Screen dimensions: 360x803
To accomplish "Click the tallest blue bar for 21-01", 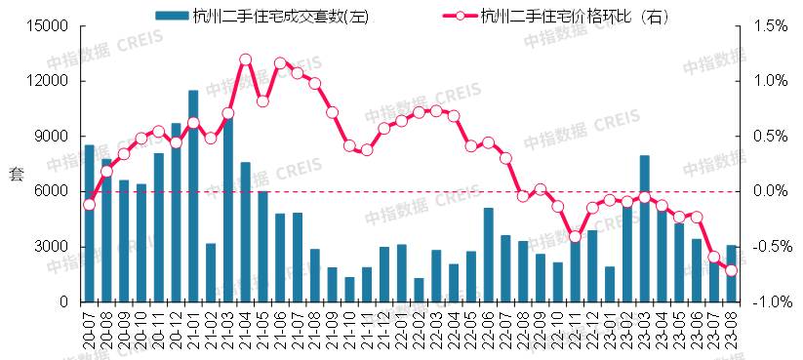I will [x=193, y=195].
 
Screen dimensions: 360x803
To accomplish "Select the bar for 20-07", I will [x=89, y=223].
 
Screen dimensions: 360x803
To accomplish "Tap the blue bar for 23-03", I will [x=645, y=228].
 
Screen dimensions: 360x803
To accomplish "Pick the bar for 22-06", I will [x=489, y=255].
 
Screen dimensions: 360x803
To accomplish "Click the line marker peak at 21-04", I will [x=245, y=60].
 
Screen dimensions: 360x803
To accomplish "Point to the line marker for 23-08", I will [x=731, y=270].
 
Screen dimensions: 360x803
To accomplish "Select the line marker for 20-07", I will [x=89, y=204].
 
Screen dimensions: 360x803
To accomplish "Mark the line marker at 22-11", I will [x=575, y=237].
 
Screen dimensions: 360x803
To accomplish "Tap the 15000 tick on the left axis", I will [x=46, y=25].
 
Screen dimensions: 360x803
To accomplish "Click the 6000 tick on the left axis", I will [x=50, y=191].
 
